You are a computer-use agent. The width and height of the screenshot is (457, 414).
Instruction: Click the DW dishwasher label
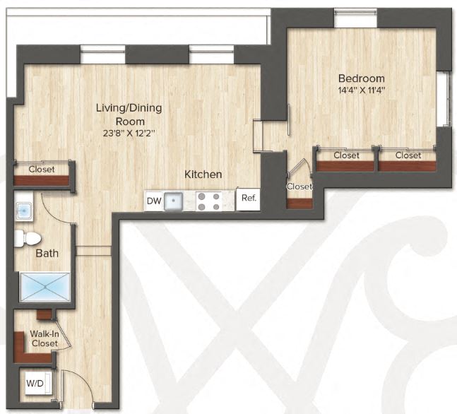(154, 201)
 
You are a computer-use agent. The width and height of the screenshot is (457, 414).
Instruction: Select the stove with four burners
(210, 201)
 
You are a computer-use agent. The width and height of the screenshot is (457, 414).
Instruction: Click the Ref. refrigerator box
(248, 199)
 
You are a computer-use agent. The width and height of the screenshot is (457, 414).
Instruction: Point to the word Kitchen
(203, 175)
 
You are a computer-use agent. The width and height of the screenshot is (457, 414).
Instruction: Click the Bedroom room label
(361, 78)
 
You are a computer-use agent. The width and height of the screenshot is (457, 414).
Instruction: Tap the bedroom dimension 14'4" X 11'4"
(361, 90)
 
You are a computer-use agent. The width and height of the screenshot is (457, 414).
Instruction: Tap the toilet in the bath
(21, 238)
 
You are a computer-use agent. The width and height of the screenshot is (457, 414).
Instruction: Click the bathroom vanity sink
(24, 210)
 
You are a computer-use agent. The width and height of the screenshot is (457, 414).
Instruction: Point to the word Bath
(48, 253)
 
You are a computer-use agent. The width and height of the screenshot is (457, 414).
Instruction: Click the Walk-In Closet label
(44, 338)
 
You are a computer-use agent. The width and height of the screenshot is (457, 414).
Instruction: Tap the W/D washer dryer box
(34, 384)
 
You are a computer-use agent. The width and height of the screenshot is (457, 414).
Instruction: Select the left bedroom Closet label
(346, 155)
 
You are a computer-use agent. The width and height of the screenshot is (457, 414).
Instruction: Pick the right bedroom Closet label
(408, 155)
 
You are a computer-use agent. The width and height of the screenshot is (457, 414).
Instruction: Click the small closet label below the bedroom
(299, 187)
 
